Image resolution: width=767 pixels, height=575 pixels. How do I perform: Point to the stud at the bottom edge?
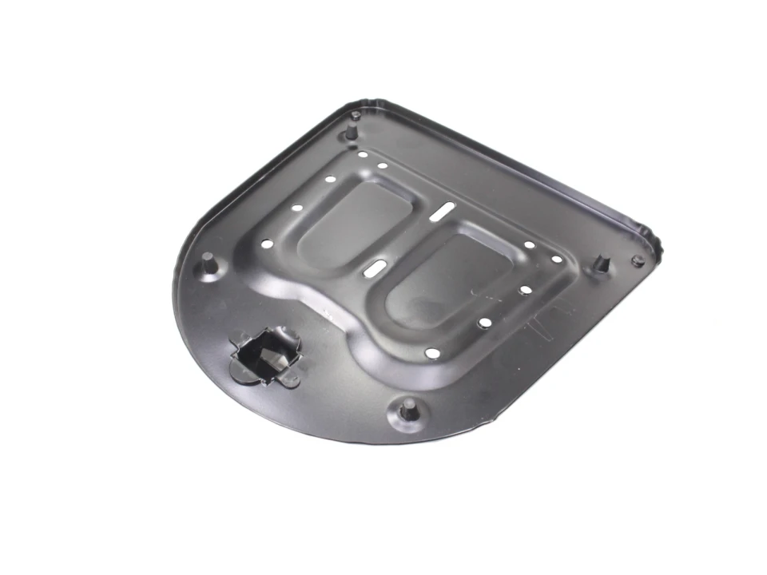[407, 410]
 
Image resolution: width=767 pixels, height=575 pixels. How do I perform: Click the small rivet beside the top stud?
[356, 116]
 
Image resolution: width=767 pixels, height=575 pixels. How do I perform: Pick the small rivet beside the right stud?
[638, 260]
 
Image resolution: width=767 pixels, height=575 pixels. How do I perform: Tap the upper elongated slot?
[442, 212]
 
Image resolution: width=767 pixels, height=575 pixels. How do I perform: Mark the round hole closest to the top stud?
[363, 155]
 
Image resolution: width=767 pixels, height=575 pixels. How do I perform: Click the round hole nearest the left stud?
[267, 244]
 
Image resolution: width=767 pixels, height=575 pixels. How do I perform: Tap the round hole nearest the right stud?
[556, 259]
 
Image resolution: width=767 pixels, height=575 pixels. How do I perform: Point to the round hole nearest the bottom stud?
[432, 353]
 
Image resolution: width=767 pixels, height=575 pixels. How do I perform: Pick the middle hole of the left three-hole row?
[297, 208]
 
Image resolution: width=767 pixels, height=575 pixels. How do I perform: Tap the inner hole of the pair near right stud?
[529, 245]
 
